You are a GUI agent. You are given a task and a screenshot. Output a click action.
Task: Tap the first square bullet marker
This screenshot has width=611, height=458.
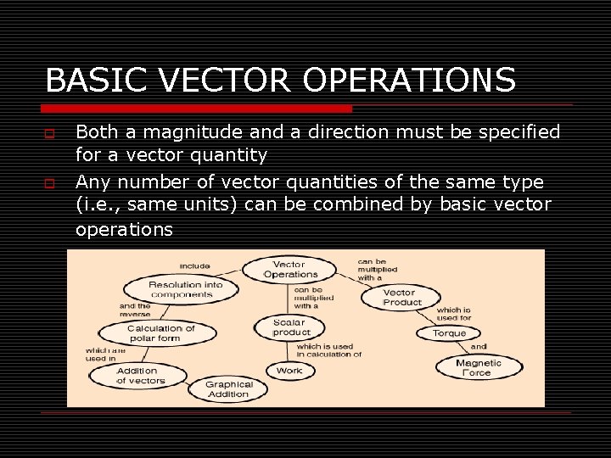pos(51,133)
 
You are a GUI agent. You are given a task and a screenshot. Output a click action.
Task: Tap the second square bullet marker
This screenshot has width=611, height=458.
pos(51,182)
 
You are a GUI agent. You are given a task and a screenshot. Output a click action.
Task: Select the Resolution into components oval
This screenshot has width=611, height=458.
pos(185,289)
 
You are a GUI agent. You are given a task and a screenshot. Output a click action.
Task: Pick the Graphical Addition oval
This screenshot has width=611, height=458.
pos(228,388)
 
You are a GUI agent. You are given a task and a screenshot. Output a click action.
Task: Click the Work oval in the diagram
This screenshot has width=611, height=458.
pos(289,371)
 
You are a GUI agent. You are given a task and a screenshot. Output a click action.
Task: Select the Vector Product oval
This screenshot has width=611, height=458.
pos(401,297)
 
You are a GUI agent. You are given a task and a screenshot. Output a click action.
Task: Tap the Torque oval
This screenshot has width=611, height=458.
pos(449,332)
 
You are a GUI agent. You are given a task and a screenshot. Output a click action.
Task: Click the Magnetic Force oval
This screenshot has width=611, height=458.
pos(479,367)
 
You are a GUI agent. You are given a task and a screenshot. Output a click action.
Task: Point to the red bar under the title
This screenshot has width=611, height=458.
pos(199,109)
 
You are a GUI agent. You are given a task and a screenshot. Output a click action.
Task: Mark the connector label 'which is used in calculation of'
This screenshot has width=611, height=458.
pos(328,349)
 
